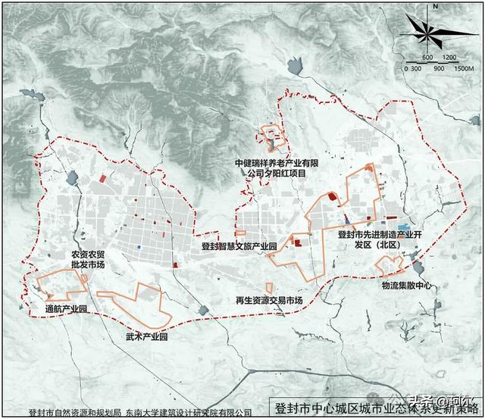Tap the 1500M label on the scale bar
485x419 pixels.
point(463,68)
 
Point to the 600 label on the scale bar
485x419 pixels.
point(427,58)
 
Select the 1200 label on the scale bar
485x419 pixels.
point(449,58)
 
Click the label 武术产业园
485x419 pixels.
point(146,334)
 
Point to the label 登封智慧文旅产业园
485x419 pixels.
point(239,246)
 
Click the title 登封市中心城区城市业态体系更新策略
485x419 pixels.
point(374,405)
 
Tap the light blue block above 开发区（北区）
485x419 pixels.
point(404,227)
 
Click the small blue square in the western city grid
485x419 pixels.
point(139,247)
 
